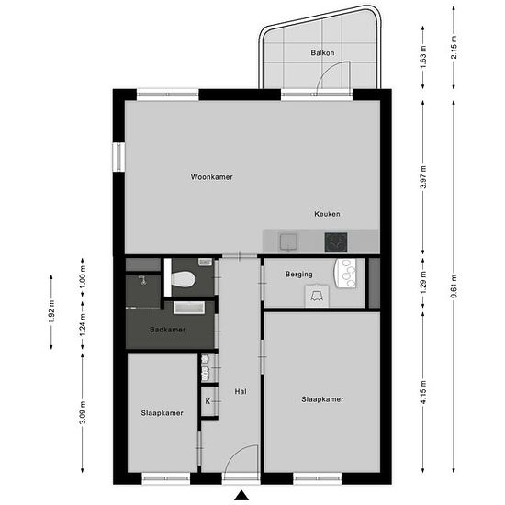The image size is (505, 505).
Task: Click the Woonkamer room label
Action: (x=211, y=177)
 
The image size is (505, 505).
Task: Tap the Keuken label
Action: (x=327, y=214)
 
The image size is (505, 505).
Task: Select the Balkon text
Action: (x=322, y=53)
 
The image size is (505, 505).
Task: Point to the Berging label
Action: (x=299, y=275)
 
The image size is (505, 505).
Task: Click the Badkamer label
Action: (x=167, y=330)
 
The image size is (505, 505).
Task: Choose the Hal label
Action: (x=241, y=392)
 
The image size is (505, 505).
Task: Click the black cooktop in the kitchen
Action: (x=336, y=242)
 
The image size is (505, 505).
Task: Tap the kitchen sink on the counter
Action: (x=288, y=242)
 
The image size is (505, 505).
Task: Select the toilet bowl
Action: (x=183, y=279)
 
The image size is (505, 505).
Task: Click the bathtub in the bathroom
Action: (x=189, y=308)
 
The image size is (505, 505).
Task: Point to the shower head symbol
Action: (x=141, y=280)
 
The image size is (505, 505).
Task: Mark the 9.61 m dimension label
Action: (x=454, y=286)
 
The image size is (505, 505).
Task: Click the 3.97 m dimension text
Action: (x=423, y=177)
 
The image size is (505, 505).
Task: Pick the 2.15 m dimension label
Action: (x=454, y=47)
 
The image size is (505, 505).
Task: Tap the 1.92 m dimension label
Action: (x=51, y=312)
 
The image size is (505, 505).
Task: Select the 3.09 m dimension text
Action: (x=83, y=412)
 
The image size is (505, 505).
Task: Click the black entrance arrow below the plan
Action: (x=241, y=495)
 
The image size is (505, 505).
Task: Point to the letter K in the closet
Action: (x=208, y=401)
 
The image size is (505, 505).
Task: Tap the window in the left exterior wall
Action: (x=118, y=157)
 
